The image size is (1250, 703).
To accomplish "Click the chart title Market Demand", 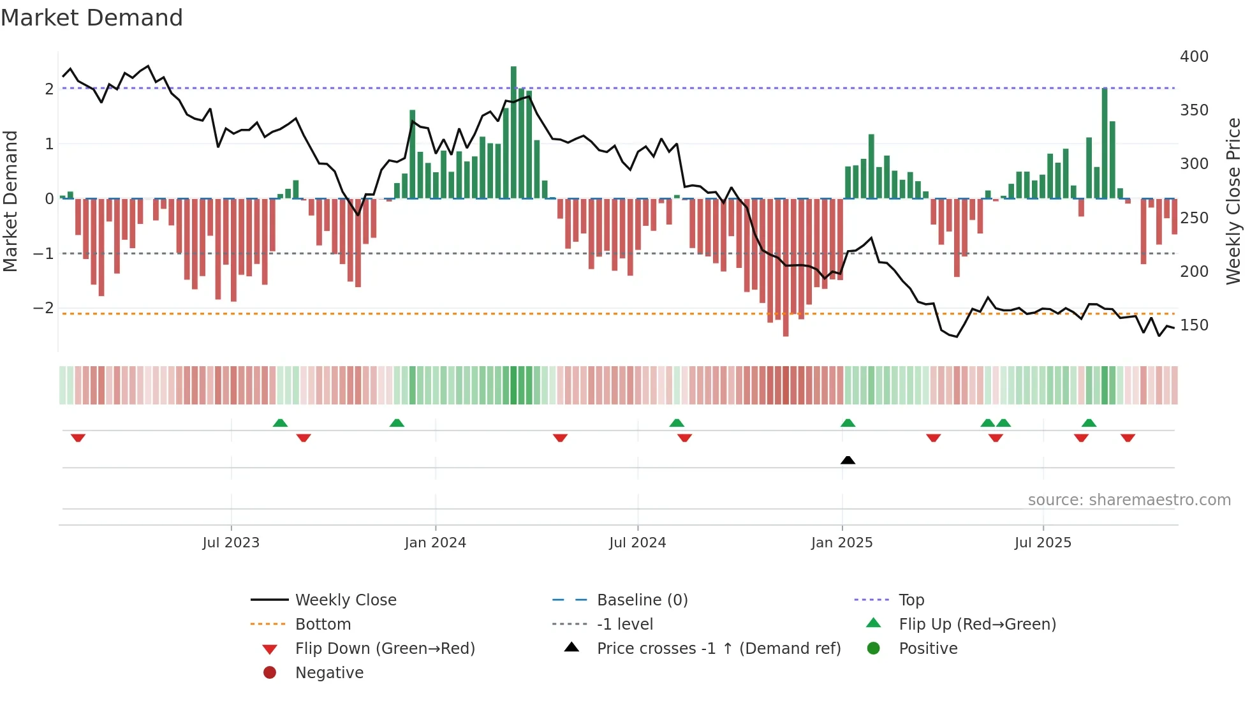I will tap(92, 18).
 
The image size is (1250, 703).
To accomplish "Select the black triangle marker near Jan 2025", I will tap(848, 460).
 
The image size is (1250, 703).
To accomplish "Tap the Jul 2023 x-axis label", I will tap(231, 543).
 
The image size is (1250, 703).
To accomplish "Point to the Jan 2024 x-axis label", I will tap(435, 543).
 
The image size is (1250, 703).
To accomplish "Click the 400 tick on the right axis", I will tap(1194, 57).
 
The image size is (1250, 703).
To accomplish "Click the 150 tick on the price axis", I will tap(1194, 325).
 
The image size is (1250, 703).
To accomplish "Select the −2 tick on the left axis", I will tap(44, 308).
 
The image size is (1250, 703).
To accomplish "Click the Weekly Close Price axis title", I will tap(1233, 201).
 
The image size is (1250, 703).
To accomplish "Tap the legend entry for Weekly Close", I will tap(345, 600).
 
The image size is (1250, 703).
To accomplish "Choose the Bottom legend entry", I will tap(323, 625).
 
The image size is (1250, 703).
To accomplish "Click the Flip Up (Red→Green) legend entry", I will tap(977, 625).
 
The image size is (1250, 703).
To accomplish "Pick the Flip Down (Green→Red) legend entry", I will tap(385, 649).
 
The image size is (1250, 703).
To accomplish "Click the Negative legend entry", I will tap(329, 673).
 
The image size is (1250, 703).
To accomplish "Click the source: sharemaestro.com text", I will tap(1129, 500).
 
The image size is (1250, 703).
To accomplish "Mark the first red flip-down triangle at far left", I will tap(78, 438).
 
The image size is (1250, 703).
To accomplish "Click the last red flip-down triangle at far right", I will tap(1128, 438).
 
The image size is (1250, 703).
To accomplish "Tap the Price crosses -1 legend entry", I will tap(718, 649).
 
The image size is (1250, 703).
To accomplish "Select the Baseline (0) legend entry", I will tap(642, 600).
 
